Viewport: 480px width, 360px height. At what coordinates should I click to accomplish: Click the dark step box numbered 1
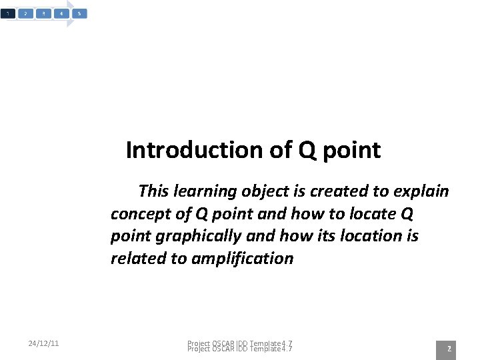7,13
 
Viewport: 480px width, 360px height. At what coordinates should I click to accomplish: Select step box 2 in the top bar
25,13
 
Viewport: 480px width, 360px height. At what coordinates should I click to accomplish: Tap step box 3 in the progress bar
43,13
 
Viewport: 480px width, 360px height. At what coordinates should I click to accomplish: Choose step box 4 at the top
61,13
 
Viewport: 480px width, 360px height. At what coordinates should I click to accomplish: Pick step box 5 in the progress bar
79,13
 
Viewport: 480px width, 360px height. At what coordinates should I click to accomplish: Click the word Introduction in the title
195,150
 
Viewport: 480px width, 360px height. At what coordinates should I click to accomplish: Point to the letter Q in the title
307,151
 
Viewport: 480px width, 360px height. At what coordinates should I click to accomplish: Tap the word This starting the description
153,192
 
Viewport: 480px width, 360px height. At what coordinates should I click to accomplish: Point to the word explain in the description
421,192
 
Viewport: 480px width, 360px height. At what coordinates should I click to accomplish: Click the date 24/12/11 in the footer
44,343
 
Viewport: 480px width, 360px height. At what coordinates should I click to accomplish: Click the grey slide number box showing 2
449,349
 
